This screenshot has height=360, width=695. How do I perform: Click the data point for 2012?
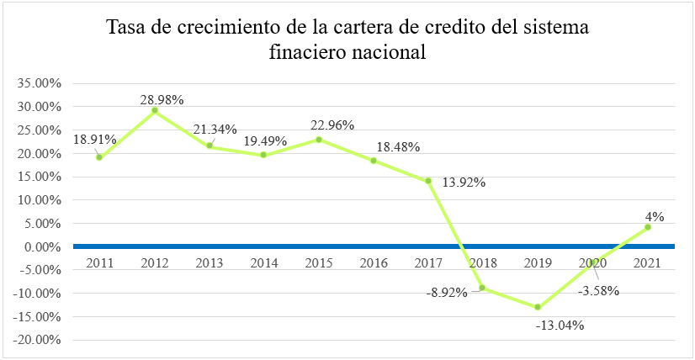point(155,110)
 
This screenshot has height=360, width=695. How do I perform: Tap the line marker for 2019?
point(537,307)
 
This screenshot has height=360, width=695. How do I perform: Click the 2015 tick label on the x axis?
point(319,263)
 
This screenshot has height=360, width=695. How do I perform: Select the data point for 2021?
point(647,227)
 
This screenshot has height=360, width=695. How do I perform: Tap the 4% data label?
point(655,216)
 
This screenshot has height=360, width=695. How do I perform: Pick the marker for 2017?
point(427,181)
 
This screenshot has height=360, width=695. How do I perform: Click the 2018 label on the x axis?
point(483,263)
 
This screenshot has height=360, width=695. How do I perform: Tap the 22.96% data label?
point(331,125)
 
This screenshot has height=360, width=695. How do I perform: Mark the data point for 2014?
point(264,155)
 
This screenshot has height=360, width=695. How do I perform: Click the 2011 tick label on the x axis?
point(100,263)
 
